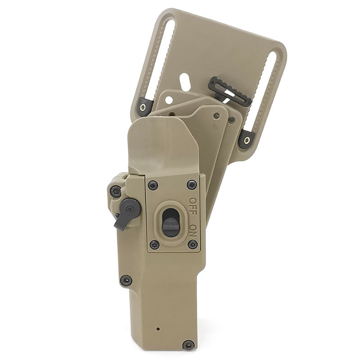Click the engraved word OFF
(193, 206)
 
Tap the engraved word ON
(193, 230)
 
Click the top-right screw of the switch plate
(192, 184)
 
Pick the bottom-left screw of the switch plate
(154, 245)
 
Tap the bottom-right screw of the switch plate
(193, 244)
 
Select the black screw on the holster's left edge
(126, 280)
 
